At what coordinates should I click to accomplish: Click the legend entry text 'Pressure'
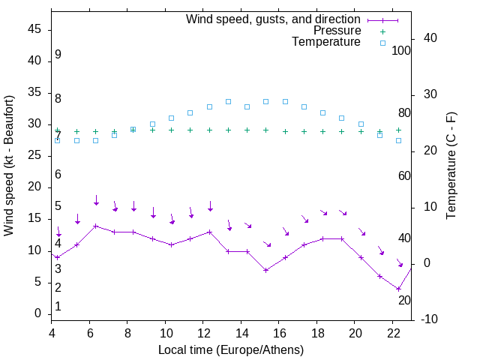pos(337,31)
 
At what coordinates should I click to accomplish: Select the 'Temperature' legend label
pos(326,42)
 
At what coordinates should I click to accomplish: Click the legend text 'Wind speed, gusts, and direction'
pos(274,19)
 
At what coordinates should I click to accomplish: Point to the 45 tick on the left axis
pos(35,29)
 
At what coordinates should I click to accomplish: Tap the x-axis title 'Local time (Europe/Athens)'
pos(230,349)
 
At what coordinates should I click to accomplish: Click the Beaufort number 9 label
pos(58,55)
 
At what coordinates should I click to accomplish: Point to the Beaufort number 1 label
pos(58,306)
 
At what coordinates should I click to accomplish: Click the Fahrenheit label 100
pos(402,51)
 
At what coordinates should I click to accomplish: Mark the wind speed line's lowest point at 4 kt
pos(399,289)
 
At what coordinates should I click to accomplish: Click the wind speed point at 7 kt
pos(266,270)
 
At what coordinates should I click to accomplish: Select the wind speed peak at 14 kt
pos(96,226)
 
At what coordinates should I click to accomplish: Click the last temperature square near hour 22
pos(399,140)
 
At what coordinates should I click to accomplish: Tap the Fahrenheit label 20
pos(404,300)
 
